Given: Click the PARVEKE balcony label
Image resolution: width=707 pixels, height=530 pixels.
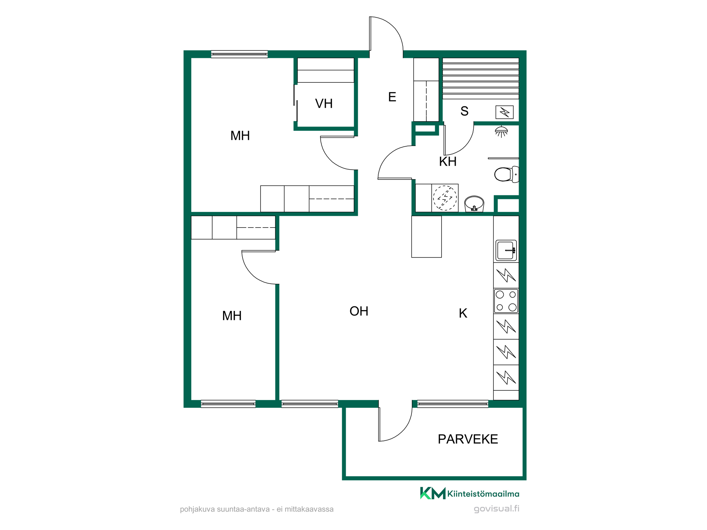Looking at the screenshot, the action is [468, 439].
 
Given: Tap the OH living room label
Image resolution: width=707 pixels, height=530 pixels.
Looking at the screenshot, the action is [359, 311].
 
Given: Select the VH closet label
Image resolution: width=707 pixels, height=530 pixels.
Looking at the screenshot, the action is [324, 104].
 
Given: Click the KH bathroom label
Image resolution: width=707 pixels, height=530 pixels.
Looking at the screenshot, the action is [448, 161].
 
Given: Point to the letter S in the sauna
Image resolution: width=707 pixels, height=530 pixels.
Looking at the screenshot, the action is [464, 111].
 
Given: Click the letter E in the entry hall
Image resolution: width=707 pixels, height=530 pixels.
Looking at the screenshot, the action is [392, 97].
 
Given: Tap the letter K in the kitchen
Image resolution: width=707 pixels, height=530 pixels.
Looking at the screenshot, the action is [463, 313].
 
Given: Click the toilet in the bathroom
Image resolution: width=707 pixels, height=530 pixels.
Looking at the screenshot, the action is [507, 174].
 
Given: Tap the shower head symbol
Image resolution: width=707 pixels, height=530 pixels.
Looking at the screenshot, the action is [501, 131].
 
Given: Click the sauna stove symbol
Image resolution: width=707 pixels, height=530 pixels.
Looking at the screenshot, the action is [504, 112].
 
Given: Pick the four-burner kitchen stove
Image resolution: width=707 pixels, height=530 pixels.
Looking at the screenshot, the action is [506, 301].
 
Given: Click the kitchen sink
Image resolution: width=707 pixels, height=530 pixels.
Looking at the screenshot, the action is [506, 251].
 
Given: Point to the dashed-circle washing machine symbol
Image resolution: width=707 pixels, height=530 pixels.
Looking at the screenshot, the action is [445, 198].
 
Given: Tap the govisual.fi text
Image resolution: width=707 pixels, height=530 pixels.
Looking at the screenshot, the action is [496, 508].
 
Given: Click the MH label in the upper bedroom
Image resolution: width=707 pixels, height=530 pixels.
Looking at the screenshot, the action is [240, 136].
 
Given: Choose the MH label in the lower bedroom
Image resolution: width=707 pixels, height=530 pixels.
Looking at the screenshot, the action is [232, 316].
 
